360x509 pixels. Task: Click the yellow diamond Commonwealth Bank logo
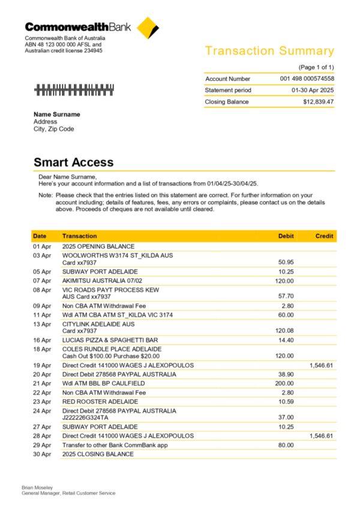(148, 28)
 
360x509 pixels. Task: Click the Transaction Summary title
(269, 51)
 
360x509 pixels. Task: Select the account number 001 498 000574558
(307, 79)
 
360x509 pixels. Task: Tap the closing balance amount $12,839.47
(318, 102)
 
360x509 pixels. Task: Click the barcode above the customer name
(74, 90)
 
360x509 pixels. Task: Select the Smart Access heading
(73, 162)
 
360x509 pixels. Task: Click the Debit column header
(286, 236)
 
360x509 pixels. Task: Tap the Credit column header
(324, 236)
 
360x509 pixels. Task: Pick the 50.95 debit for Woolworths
(286, 262)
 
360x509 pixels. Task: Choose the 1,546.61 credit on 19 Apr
(321, 365)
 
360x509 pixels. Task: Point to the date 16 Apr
(42, 340)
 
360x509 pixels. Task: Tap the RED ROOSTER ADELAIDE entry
(100, 401)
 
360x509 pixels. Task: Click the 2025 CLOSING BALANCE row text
(98, 454)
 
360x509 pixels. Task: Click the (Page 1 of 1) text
(316, 67)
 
